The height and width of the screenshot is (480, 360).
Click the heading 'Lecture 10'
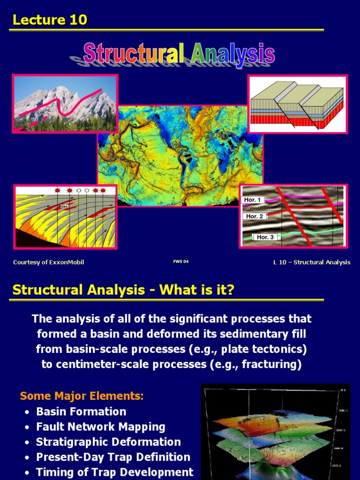[x=50, y=20]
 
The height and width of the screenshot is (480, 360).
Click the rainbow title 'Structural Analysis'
[x=179, y=53]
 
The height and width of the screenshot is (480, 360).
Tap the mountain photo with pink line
[x=65, y=104]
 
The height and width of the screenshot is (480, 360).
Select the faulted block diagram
[x=297, y=104]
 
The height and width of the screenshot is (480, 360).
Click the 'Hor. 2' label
[x=255, y=216]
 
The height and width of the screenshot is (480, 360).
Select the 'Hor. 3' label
[x=266, y=237]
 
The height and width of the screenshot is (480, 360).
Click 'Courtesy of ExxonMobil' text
[x=48, y=262]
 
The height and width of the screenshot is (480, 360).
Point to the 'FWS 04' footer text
[x=180, y=262]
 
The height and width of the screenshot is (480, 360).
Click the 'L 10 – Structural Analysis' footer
[x=312, y=262]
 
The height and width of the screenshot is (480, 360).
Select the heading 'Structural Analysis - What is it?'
[x=123, y=290]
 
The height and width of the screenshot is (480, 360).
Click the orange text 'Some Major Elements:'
[x=82, y=396]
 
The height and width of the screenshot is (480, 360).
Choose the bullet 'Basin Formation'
[x=81, y=412]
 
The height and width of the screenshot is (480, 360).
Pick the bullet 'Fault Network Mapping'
[x=101, y=427]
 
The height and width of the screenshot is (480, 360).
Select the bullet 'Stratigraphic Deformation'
[x=108, y=442]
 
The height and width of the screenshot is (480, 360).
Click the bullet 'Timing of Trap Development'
[x=115, y=472]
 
